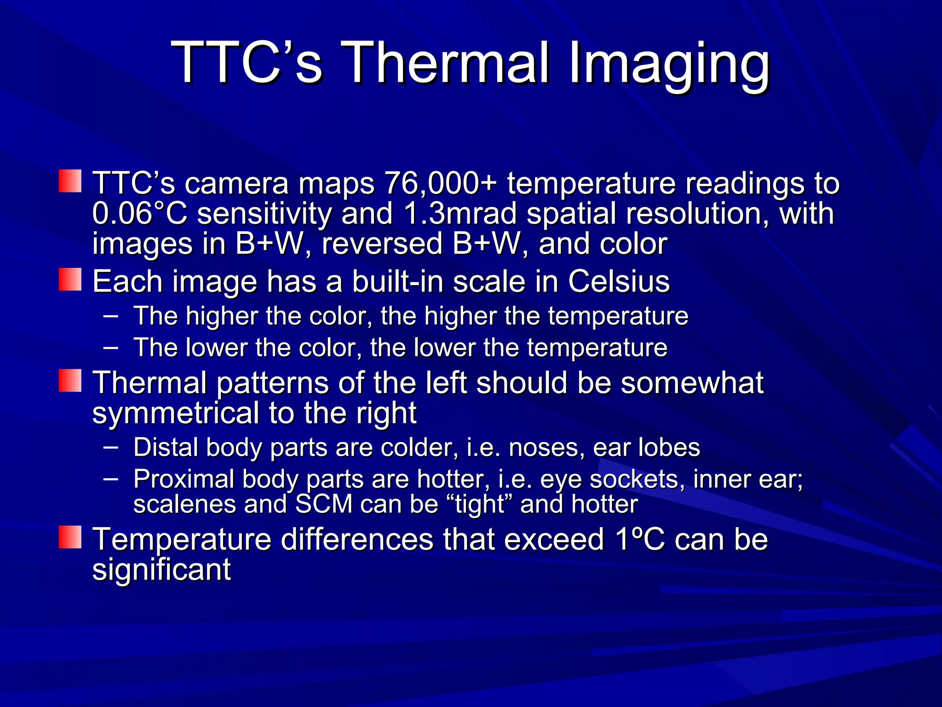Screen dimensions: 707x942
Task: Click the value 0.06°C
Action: (140, 214)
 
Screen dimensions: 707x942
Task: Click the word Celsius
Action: (619, 281)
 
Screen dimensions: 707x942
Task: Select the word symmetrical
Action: (176, 413)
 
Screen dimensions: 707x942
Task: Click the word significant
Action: (161, 569)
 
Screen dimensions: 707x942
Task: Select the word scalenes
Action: (184, 504)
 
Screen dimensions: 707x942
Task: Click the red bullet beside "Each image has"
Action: (70, 280)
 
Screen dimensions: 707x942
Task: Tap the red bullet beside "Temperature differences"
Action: (70, 538)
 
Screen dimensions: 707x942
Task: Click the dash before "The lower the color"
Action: (111, 348)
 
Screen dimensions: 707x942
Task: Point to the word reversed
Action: (382, 243)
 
